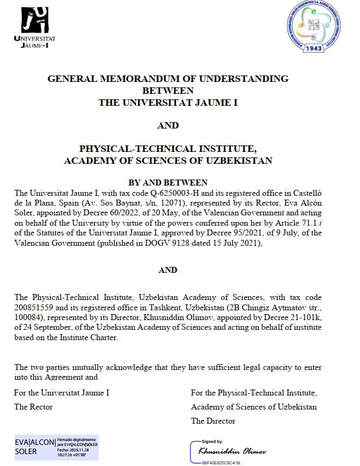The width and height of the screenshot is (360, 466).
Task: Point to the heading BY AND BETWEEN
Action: point(168,183)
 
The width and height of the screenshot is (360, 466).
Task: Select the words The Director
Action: point(213,420)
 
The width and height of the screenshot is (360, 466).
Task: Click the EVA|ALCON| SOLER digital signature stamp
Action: point(56,446)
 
